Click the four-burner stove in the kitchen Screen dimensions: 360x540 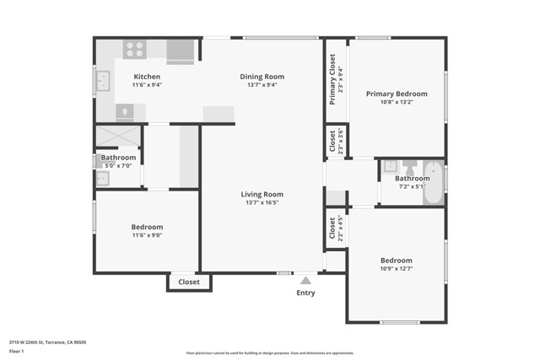(x=135, y=50)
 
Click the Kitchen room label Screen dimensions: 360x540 (x=147, y=77)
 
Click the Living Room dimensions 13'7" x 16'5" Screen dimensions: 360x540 (x=262, y=202)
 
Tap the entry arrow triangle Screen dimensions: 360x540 (x=305, y=279)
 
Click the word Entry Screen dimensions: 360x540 (x=305, y=293)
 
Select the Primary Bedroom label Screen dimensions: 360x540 (x=397, y=94)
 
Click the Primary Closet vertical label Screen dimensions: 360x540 (x=334, y=79)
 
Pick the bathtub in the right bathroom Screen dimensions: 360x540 (x=433, y=181)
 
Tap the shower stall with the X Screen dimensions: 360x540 (x=118, y=136)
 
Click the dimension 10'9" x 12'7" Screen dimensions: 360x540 (x=396, y=269)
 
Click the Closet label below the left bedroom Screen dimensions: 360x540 (x=189, y=282)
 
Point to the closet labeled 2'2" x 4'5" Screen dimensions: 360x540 (x=334, y=228)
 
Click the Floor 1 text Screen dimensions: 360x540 (x=16, y=350)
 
